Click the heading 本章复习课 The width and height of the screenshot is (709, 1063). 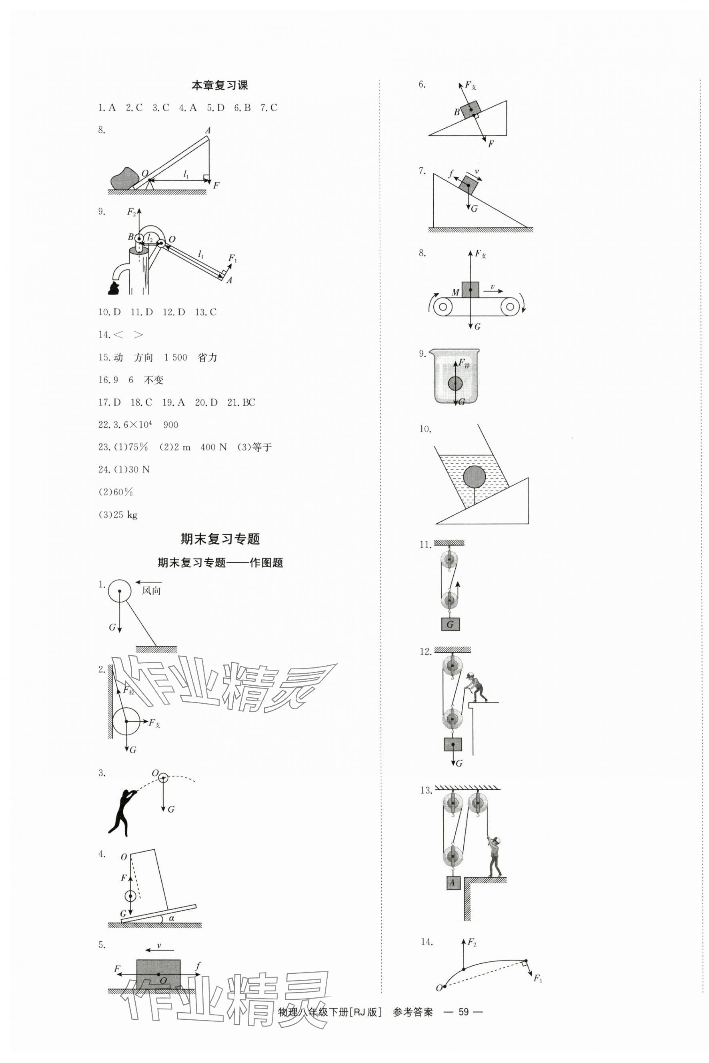click(x=220, y=86)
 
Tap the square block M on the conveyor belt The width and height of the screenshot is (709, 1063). click(x=470, y=289)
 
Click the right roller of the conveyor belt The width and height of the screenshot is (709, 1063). click(x=510, y=306)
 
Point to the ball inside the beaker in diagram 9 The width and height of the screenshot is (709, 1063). click(x=455, y=383)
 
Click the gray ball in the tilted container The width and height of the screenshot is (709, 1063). click(x=474, y=476)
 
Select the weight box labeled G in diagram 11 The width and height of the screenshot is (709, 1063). click(x=450, y=625)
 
